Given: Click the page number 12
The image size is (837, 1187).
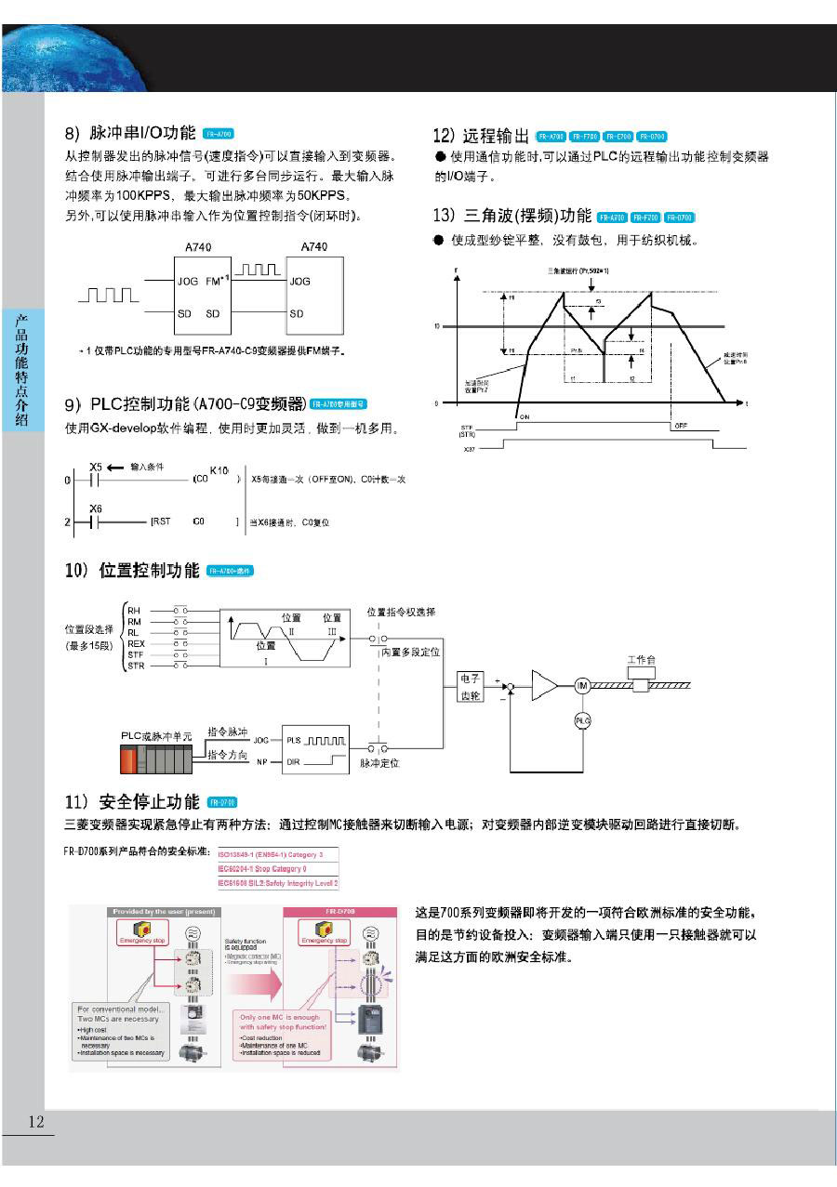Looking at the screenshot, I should pyautogui.click(x=35, y=1122).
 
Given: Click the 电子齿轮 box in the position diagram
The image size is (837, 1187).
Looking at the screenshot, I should pyautogui.click(x=471, y=687).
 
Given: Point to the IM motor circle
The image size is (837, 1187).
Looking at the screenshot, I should pyautogui.click(x=583, y=686).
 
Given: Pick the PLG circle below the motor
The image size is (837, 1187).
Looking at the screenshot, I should pyautogui.click(x=583, y=720).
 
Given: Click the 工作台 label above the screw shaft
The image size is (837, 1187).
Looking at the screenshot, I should pyautogui.click(x=641, y=660).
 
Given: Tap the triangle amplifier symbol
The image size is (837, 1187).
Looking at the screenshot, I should pyautogui.click(x=544, y=686).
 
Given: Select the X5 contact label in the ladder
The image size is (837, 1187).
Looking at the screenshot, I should pyautogui.click(x=96, y=467).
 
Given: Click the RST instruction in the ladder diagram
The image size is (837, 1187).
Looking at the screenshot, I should pyautogui.click(x=160, y=522).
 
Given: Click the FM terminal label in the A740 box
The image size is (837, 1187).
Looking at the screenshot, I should pyautogui.click(x=212, y=280).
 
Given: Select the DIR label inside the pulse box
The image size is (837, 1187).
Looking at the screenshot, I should pyautogui.click(x=294, y=762).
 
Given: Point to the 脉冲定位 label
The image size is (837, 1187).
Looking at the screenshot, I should pyautogui.click(x=379, y=763).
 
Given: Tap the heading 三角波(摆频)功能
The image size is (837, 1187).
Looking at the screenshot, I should pyautogui.click(x=512, y=217).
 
